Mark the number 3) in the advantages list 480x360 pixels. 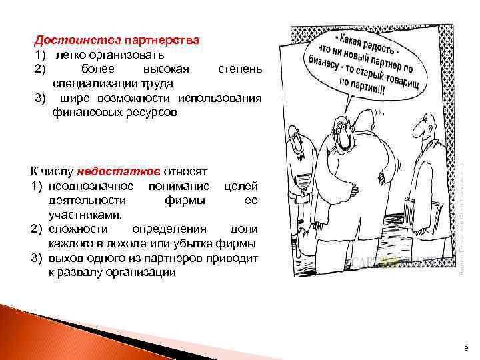(40, 99)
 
